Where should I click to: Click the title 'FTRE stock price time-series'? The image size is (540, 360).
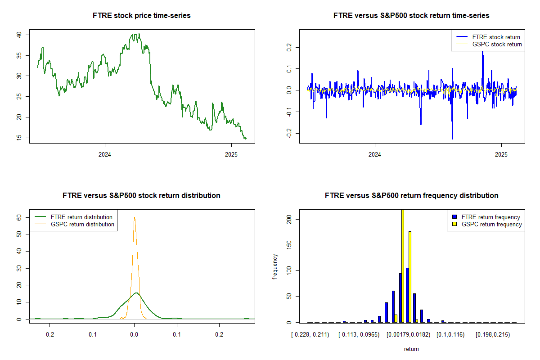pos(141,16)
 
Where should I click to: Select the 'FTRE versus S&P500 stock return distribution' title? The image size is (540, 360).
pos(141,196)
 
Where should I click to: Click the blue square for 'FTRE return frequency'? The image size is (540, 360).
pos(455,217)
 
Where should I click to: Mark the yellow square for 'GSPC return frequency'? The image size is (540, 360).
pos(455,224)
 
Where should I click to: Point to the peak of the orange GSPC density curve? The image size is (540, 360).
pos(134,217)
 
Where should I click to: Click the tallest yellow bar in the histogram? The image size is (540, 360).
pos(403,265)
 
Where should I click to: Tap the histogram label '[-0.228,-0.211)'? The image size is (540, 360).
pos(310,335)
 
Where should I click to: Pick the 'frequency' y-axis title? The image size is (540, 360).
pos(275,266)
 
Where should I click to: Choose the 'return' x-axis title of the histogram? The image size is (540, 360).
pos(411,349)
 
